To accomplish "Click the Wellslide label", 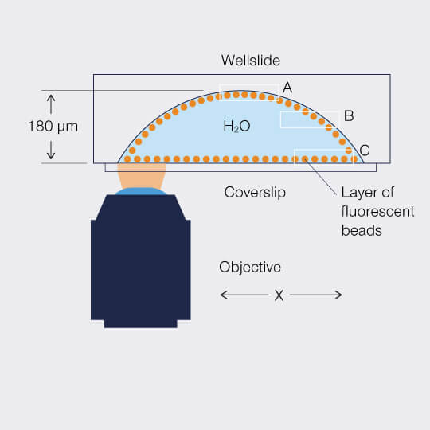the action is (251, 60).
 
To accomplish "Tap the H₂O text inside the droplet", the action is (236, 127).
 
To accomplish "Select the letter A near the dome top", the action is (287, 88).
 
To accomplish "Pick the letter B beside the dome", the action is (349, 115).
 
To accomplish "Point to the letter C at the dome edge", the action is (365, 150).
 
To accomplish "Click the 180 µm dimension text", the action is (53, 127).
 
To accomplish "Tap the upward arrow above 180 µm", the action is (51, 104).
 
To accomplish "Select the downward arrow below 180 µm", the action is (51, 150).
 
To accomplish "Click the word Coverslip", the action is (255, 193).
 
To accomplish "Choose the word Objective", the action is (250, 267).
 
